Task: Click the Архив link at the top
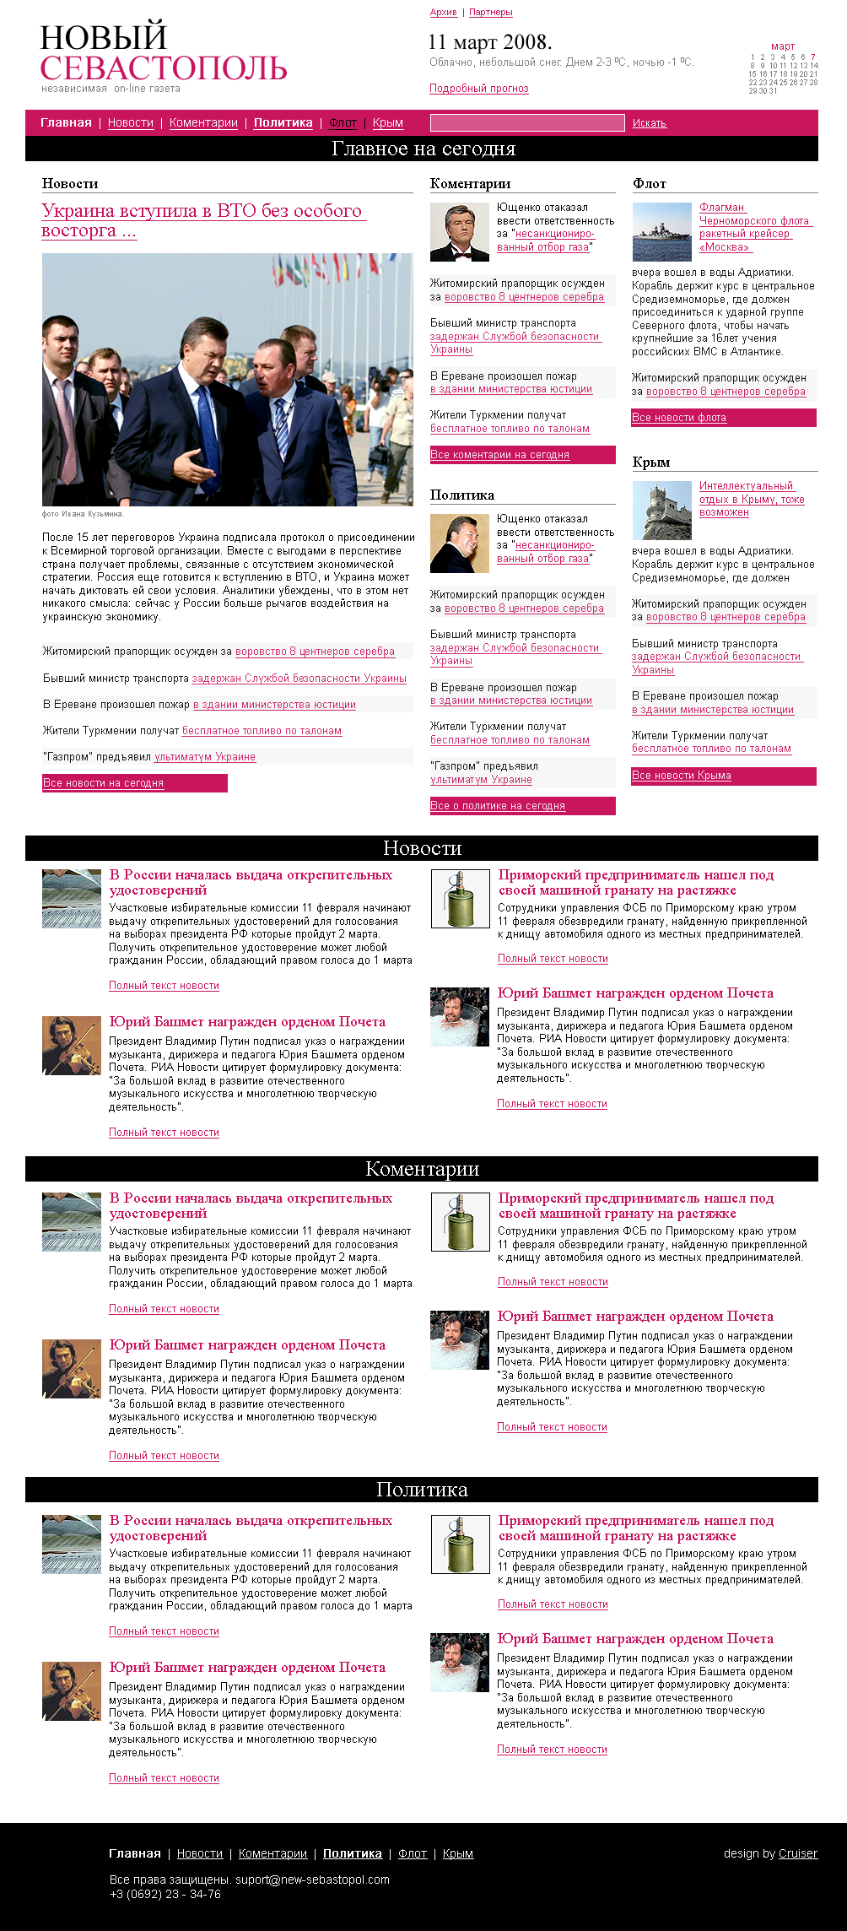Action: [443, 13]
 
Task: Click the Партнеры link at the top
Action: [490, 13]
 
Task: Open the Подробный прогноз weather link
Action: [478, 89]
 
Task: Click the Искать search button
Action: [649, 123]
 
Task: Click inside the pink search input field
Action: [526, 123]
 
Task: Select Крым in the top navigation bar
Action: [387, 123]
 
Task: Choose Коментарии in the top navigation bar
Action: [203, 123]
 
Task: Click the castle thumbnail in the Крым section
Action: [661, 511]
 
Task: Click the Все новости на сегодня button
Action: [134, 783]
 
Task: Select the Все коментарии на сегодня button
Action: [522, 455]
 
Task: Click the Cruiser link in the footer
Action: [797, 1854]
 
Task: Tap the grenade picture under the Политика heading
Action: [460, 1544]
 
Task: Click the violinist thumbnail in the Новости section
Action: [72, 1046]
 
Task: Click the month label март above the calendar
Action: [782, 46]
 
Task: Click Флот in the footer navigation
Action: [412, 1854]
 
